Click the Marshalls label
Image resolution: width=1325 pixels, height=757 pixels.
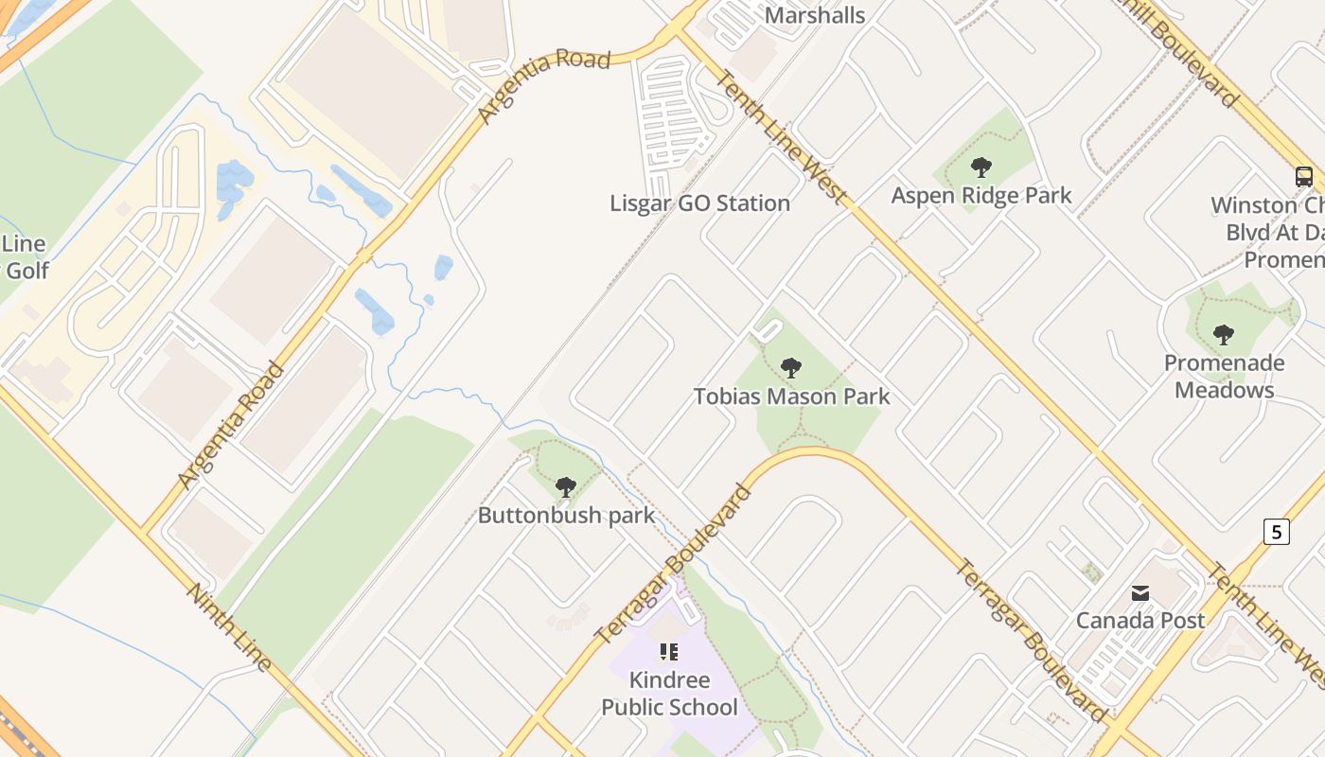click(814, 15)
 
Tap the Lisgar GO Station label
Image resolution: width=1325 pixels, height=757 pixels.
click(699, 203)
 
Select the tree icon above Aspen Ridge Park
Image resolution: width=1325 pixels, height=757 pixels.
click(981, 168)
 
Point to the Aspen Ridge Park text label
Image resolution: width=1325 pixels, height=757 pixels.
click(981, 196)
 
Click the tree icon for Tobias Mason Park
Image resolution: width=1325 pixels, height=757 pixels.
click(791, 368)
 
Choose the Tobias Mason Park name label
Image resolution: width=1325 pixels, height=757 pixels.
click(791, 396)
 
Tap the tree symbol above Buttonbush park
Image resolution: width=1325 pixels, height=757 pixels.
click(566, 487)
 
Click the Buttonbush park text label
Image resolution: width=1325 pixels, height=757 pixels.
click(566, 516)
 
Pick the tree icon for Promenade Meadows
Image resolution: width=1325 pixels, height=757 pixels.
click(1224, 335)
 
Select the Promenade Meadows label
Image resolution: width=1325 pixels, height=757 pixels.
click(1224, 377)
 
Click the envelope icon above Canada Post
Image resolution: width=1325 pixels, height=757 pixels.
click(1140, 593)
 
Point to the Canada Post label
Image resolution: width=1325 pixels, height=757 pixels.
click(1140, 621)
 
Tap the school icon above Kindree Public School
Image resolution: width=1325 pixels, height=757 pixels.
click(669, 651)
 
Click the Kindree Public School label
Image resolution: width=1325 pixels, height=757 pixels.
click(669, 694)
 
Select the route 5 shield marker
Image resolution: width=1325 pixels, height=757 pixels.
click(1276, 532)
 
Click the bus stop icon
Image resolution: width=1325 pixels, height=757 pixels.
click(1303, 176)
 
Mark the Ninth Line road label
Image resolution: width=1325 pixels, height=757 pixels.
click(229, 626)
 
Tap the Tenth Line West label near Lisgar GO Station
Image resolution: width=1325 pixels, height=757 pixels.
click(778, 137)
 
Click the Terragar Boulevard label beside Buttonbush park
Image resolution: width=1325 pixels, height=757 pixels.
click(674, 565)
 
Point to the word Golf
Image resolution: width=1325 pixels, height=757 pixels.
click(26, 271)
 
